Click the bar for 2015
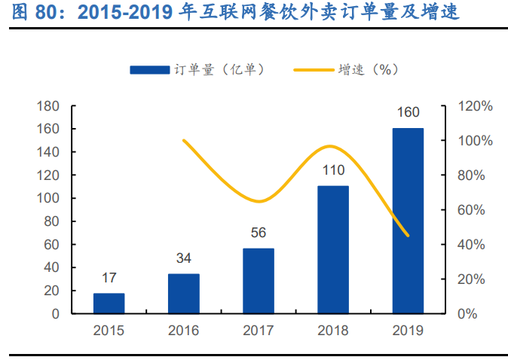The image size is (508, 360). point(109,304)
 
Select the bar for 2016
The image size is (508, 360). point(183,294)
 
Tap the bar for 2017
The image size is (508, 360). point(258,281)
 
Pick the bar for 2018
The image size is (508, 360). point(332,250)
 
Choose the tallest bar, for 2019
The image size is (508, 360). point(408,221)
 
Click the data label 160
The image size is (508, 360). point(408,113)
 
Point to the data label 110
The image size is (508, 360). point(332,170)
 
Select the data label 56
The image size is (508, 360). point(258,233)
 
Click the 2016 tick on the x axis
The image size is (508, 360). point(183,330)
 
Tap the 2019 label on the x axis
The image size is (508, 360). point(408,330)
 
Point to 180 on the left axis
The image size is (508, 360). point(48,106)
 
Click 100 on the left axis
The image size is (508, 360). point(48,198)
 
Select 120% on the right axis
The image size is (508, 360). point(476,106)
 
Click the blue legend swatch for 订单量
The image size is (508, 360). point(149,69)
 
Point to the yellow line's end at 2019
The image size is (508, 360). point(408,236)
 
